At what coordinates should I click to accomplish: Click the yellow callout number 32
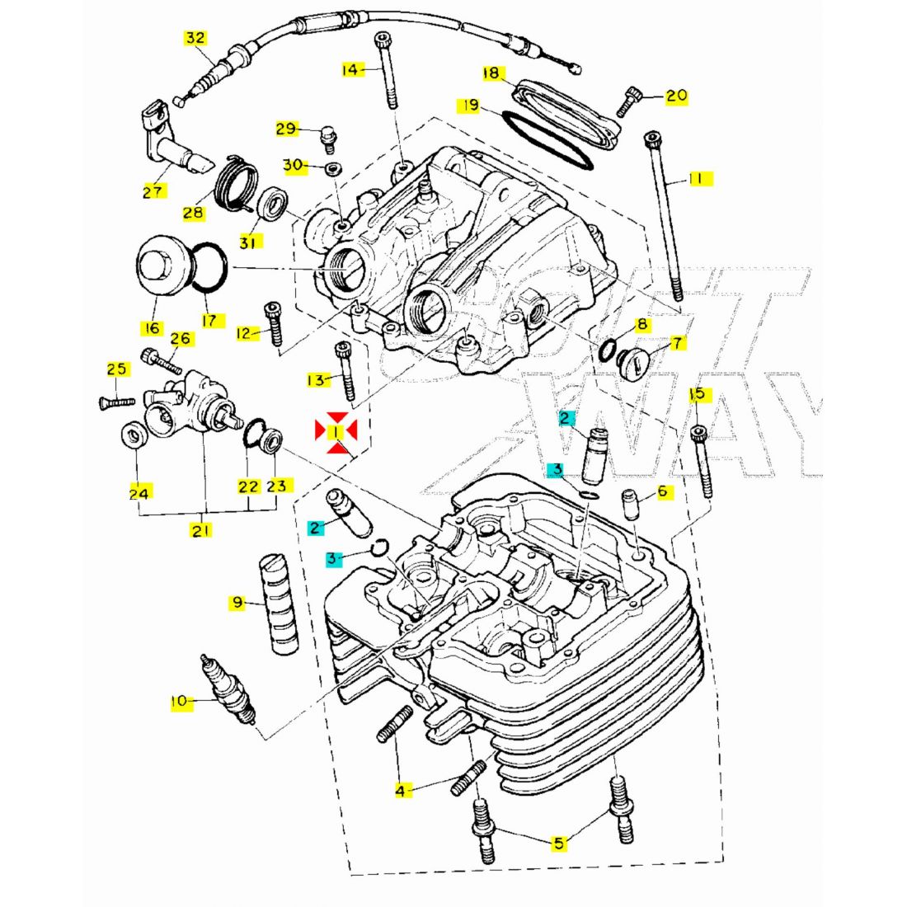[195, 38]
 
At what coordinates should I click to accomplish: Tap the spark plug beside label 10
[227, 691]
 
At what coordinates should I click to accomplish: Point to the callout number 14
[351, 70]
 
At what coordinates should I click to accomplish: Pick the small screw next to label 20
[632, 101]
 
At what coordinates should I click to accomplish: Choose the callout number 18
[491, 74]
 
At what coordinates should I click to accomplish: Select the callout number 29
[285, 129]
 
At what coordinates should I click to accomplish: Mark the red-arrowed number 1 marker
[336, 432]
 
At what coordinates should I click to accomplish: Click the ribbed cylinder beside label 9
[280, 604]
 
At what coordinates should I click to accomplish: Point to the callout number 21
[200, 530]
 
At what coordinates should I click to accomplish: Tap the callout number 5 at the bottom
[558, 843]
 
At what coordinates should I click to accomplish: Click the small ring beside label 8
[609, 350]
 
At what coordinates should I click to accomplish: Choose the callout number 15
[698, 393]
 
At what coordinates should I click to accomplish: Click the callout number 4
[401, 791]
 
